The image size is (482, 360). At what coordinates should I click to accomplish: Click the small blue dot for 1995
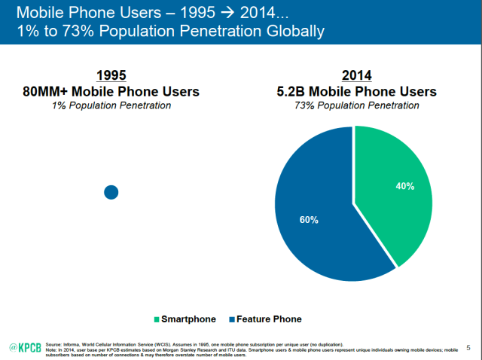coord(111,192)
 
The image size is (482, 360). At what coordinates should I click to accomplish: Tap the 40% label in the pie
coord(404,186)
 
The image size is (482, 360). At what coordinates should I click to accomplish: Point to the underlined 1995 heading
coord(111,76)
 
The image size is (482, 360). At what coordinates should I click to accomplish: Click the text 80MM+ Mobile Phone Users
coord(111,91)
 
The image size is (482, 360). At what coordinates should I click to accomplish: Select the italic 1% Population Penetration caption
coord(111,105)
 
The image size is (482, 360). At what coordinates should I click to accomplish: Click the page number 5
coord(468,347)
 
